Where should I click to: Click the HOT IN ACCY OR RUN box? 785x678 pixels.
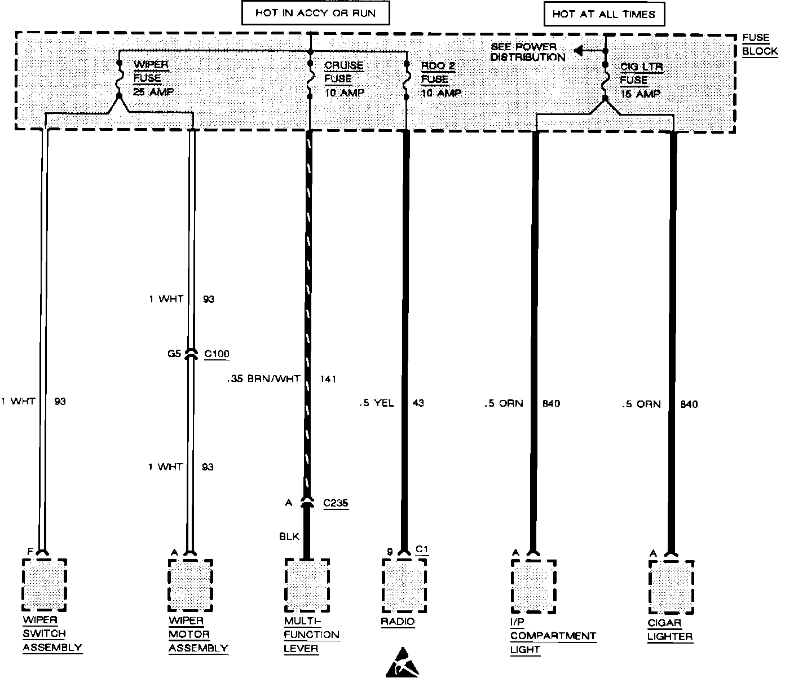315,13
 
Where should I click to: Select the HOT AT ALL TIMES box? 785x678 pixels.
603,14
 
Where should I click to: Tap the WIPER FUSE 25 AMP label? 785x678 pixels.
151,78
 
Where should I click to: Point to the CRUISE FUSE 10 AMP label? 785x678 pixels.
344,79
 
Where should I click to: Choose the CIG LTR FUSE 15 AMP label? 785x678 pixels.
641,80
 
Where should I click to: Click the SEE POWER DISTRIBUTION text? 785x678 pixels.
527,52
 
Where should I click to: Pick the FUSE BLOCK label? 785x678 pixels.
756,45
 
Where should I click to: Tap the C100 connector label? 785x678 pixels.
217,354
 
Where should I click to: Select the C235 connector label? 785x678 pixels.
336,503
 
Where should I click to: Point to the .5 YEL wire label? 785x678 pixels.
377,403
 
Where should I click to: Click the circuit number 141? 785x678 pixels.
327,378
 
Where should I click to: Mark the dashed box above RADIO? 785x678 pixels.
404,585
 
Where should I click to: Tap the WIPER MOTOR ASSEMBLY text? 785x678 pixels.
199,635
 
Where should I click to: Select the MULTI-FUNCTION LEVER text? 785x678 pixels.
311,635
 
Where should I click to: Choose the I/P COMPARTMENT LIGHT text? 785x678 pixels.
553,636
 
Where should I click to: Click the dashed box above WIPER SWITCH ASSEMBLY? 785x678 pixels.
45,584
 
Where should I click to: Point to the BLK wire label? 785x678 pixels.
289,537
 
